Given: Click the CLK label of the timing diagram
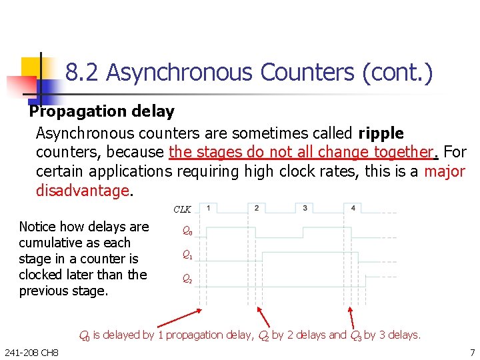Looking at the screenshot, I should pos(182,209).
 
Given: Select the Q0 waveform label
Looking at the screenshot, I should pos(188,231).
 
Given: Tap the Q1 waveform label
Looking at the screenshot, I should pos(188,255).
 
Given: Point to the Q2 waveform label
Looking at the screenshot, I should pos(188,279).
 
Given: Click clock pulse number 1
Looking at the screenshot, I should pos(209,208).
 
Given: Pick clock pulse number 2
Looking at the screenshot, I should pos(257,208).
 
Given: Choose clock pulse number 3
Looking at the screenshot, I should pos(305,208).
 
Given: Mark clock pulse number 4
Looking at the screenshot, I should pos(353,208).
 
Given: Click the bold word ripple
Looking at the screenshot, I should pos(381,133).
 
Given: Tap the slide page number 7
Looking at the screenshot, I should pos(472,352).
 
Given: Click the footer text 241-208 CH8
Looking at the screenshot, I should pos(31,352).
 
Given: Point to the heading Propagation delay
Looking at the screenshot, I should pos(101,111).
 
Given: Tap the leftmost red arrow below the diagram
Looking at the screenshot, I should pos(187,318).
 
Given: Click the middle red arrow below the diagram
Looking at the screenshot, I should pos(263,317).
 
